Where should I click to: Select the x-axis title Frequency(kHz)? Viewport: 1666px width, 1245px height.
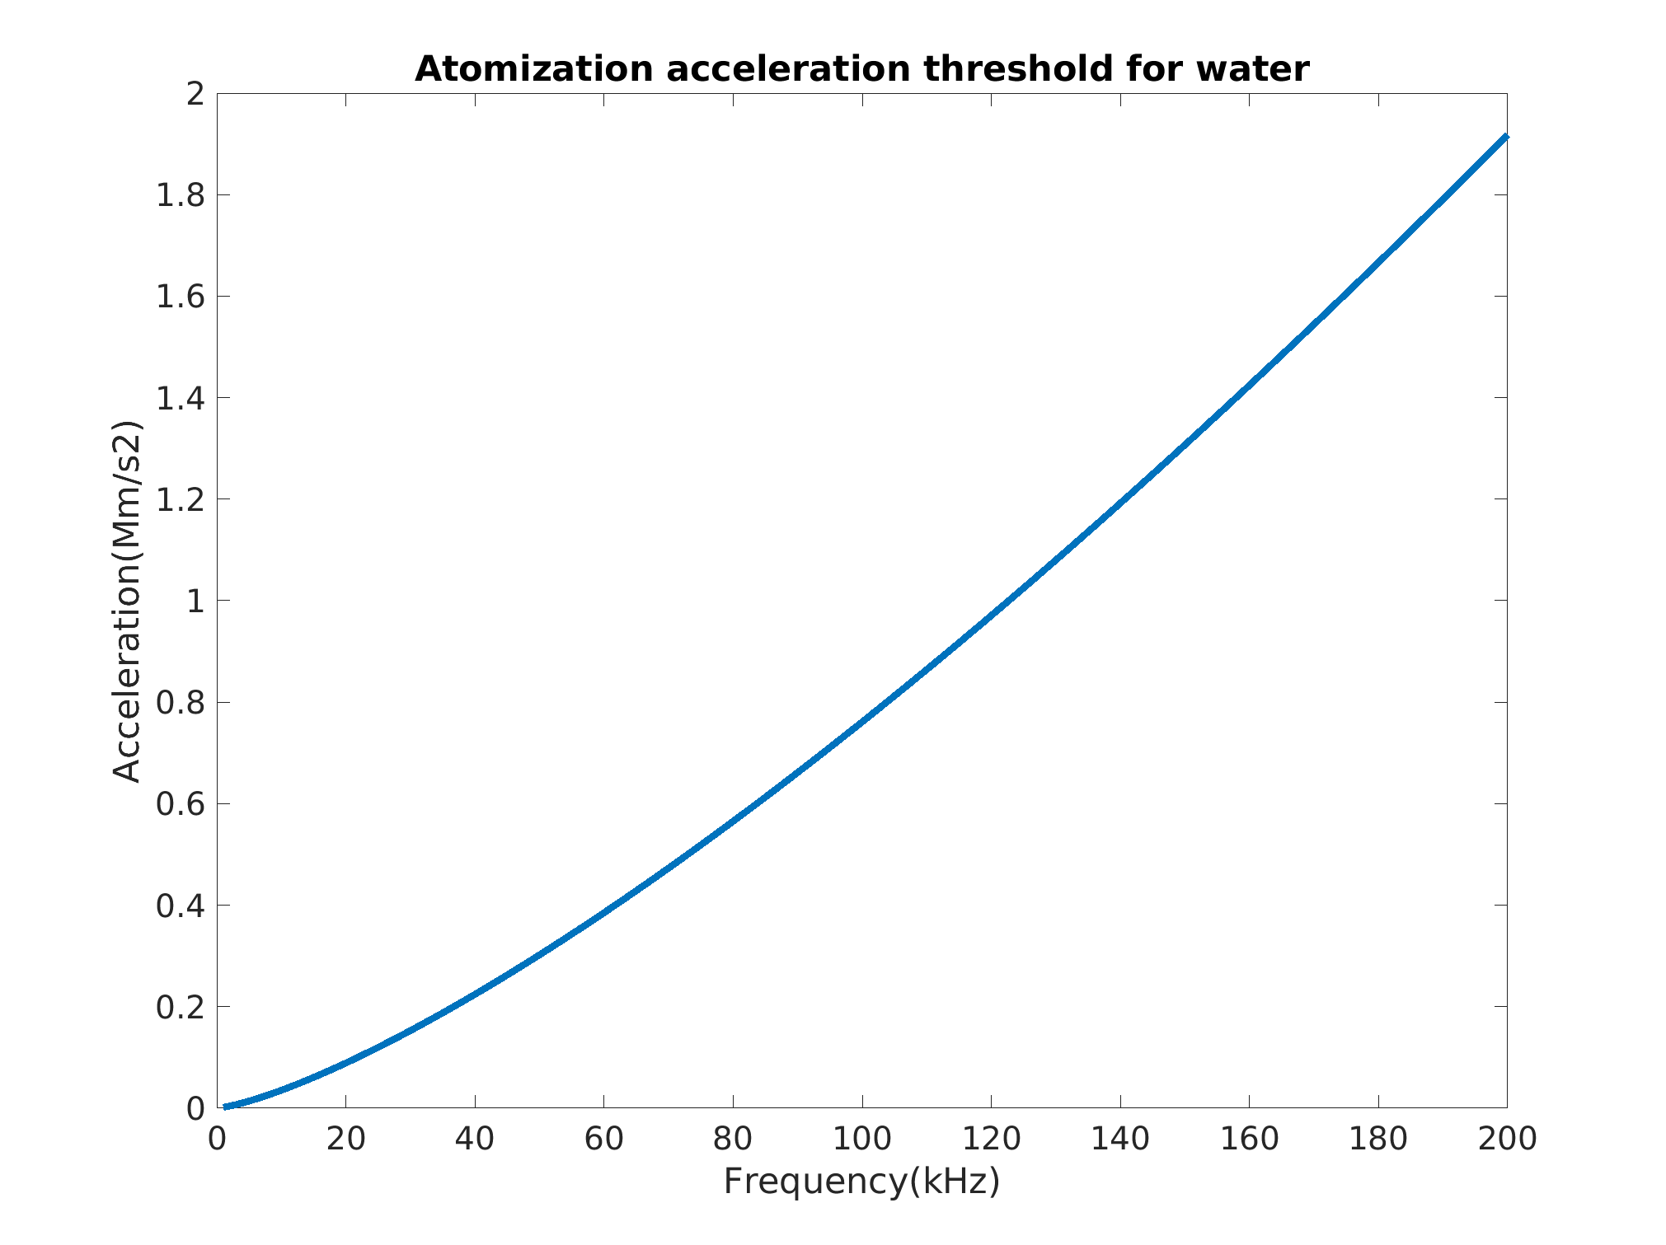861,1182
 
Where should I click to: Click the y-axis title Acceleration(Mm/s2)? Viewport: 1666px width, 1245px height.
128,601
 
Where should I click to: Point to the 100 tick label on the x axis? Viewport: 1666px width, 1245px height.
861,1139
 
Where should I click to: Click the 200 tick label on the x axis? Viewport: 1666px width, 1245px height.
1507,1139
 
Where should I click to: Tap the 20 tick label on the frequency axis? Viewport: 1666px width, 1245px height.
345,1139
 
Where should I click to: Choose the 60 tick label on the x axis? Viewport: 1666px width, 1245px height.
603,1139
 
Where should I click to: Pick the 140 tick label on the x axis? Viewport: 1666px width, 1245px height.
1119,1139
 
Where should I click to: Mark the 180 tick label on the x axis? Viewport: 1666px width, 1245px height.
1377,1139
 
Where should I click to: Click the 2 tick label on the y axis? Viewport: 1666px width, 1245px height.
195,94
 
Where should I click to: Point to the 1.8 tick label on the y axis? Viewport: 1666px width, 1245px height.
181,195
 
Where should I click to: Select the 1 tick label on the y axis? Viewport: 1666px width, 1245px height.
195,601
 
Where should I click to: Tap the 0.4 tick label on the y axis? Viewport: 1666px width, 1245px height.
181,906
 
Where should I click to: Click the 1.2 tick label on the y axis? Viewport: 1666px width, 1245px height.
181,499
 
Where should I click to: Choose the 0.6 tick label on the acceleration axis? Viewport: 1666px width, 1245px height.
181,804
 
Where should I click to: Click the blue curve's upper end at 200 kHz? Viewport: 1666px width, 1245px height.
1505,138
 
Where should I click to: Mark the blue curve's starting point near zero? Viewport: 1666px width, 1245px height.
225,1107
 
